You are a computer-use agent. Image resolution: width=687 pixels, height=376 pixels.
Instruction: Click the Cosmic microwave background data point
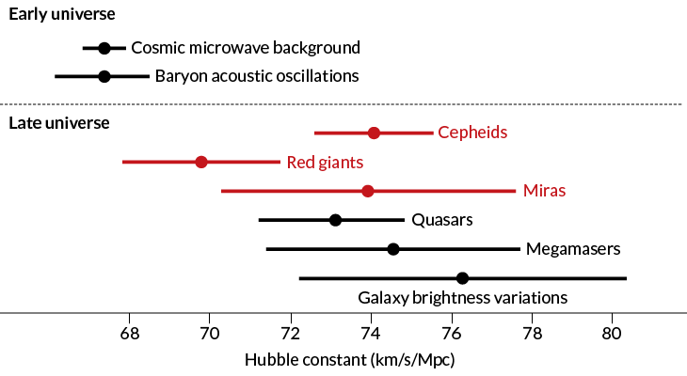click(104, 48)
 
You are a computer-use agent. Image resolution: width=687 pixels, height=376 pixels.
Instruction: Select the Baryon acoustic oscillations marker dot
click(104, 76)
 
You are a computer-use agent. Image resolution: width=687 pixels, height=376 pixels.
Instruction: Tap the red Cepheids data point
click(374, 133)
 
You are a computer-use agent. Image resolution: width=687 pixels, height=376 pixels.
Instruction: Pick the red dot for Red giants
click(201, 162)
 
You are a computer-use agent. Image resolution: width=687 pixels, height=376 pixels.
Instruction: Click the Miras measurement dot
click(368, 191)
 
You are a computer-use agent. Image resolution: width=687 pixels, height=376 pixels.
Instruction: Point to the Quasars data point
click(335, 220)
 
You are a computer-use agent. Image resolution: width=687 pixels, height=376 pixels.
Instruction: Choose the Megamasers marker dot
click(393, 249)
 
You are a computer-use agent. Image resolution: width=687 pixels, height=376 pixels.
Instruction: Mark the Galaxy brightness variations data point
click(462, 278)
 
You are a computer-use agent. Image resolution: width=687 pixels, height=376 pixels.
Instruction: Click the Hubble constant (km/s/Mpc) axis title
click(350, 359)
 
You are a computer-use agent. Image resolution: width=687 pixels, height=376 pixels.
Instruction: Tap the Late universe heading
click(58, 122)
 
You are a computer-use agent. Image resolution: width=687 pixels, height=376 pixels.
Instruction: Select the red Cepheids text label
click(472, 133)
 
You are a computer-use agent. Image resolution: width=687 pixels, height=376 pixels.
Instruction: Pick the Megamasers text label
click(572, 249)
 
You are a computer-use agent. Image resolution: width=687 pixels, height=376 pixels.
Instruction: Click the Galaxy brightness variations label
click(462, 298)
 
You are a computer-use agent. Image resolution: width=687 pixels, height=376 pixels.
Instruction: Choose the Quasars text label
click(441, 220)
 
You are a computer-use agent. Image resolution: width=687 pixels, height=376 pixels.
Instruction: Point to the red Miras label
click(545, 191)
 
